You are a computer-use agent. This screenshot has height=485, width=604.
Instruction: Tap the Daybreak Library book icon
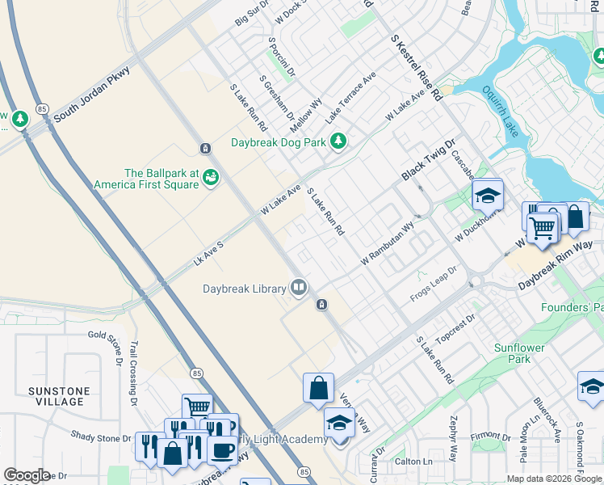pyautogui.click(x=299, y=288)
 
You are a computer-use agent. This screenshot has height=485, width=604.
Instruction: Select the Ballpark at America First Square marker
pyautogui.click(x=211, y=176)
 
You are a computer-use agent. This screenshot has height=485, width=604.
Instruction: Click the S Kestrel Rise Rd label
pyautogui.click(x=417, y=67)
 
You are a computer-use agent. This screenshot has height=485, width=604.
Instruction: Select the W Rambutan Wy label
pyautogui.click(x=388, y=243)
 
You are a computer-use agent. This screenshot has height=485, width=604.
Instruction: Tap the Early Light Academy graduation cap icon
pyautogui.click(x=339, y=423)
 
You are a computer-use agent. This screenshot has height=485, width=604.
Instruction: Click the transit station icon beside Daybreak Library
pyautogui.click(x=321, y=305)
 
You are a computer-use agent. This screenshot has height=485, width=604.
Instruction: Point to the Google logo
pyautogui.click(x=27, y=475)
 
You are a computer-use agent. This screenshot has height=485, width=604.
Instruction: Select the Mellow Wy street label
pyautogui.click(x=307, y=112)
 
